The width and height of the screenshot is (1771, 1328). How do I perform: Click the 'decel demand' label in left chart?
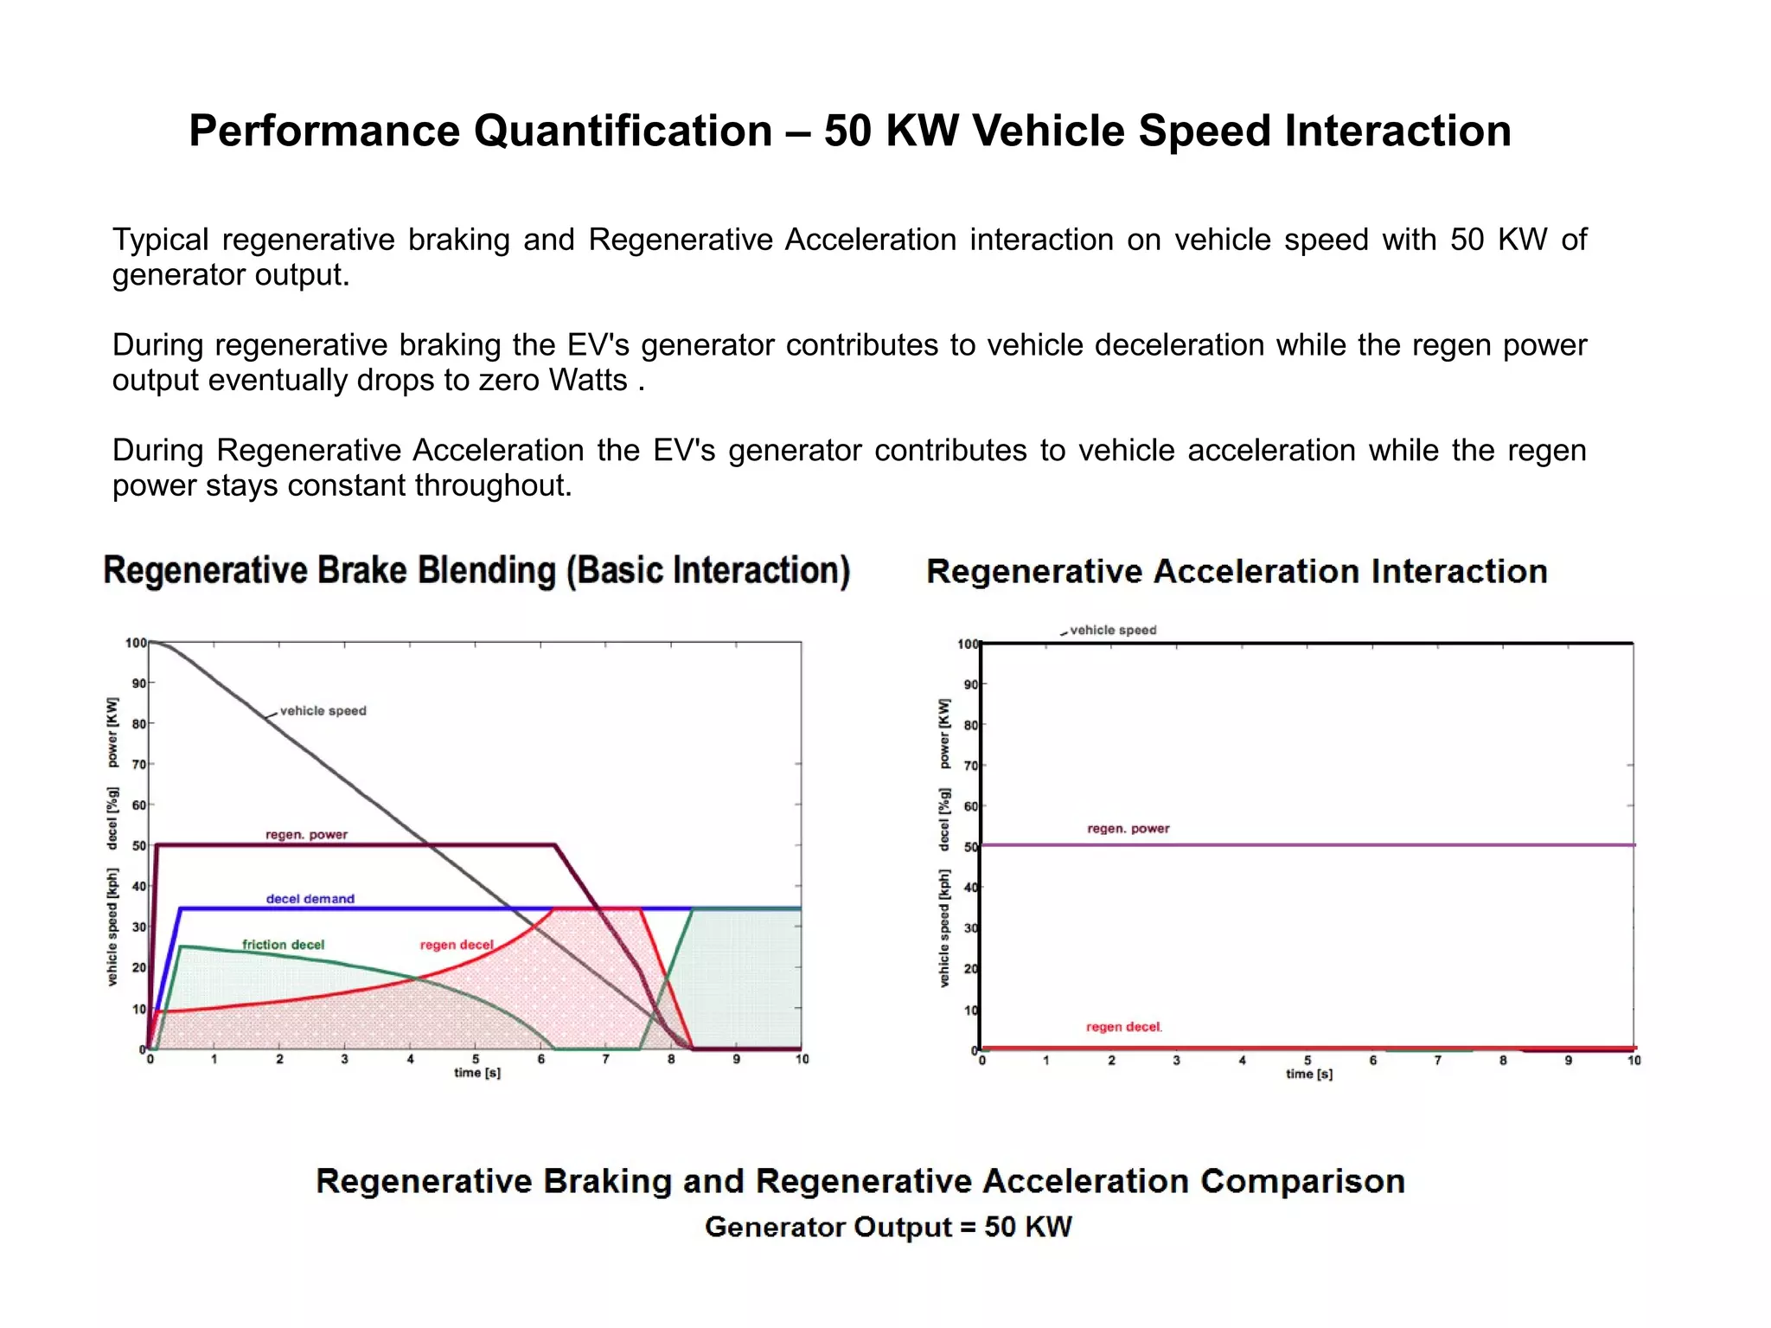pos(310,899)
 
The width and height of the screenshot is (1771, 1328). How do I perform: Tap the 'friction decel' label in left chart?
pos(283,945)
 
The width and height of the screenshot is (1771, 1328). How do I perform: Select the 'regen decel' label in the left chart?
pos(457,945)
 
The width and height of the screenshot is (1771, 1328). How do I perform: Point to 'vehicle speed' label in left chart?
pos(323,710)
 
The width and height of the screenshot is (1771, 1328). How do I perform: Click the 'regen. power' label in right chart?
pos(1128,829)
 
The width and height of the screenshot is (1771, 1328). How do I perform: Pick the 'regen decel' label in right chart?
pos(1123,1027)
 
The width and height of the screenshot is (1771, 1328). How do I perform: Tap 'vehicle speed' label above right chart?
pos(1112,630)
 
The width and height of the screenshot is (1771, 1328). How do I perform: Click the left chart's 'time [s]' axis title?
pos(477,1073)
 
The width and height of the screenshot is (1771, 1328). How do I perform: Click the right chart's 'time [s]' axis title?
pos(1308,1074)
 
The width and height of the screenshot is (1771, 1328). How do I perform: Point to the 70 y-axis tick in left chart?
pos(138,764)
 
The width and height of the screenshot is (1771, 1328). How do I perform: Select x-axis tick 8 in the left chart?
pos(671,1059)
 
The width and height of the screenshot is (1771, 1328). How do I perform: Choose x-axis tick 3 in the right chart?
pos(1176,1061)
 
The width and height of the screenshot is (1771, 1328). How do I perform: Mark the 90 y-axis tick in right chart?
pos(970,684)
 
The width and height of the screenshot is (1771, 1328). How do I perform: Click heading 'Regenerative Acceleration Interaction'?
pos(1237,572)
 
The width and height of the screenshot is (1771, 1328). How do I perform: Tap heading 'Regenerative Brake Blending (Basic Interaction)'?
pos(476,571)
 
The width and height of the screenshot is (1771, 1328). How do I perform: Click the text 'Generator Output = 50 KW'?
pos(888,1227)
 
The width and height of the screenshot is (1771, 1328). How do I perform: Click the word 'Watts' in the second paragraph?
pos(587,381)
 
